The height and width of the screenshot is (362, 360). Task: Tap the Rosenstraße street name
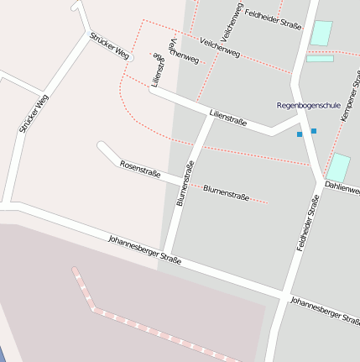coord(140,168)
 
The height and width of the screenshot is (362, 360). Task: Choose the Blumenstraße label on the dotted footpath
coord(227,192)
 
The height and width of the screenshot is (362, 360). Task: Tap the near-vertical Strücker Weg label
coord(34,114)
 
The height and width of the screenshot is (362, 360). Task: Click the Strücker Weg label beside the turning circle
coord(110,47)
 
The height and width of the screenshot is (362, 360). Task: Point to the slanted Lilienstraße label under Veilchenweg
coord(227,116)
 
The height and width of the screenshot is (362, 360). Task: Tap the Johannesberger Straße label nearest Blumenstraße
coord(144,250)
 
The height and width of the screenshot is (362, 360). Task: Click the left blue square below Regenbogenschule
coord(300,134)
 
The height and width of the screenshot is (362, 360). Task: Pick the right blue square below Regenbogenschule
coord(314,131)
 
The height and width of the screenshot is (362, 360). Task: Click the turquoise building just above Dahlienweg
coord(339,167)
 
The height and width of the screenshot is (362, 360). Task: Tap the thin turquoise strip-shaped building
coord(320,59)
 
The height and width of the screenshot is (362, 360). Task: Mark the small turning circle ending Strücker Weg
coord(129,58)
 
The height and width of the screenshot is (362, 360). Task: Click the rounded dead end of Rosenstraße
coord(102,146)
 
